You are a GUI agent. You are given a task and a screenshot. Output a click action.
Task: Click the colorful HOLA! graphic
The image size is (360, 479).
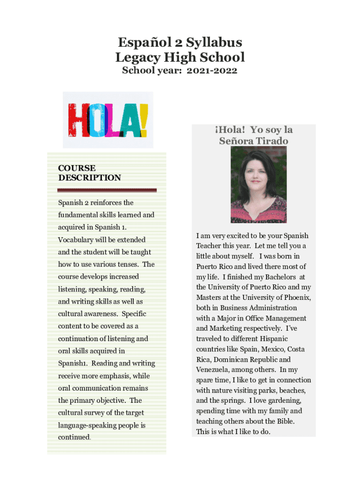108,120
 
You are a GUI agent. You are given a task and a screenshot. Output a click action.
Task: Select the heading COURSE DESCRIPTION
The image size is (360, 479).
89,173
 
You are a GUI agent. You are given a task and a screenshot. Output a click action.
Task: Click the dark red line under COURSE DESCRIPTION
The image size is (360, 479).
107,190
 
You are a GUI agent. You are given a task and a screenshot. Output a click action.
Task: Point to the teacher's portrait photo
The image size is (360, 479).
259,186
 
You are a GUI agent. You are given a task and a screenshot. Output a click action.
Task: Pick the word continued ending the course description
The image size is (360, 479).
74,437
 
